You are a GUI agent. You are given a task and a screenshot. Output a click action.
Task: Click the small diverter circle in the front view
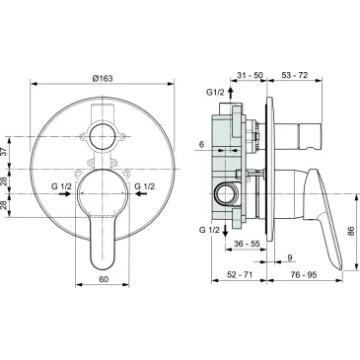(102, 135)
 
